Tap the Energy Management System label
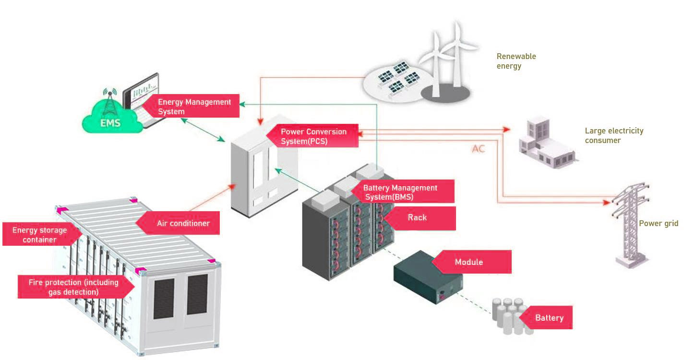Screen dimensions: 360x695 [194, 107]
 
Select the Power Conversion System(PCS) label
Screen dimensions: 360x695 [313, 136]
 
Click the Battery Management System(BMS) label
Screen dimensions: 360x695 [400, 192]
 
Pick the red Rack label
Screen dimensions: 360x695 [417, 217]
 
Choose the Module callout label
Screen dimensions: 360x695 [469, 262]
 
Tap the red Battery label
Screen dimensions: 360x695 [549, 318]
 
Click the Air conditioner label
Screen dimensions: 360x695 [183, 223]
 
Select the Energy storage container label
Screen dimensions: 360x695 [39, 235]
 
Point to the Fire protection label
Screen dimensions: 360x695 [73, 287]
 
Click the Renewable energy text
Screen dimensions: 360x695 [516, 61]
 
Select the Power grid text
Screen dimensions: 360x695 [658, 224]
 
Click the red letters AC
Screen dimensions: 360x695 [478, 149]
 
